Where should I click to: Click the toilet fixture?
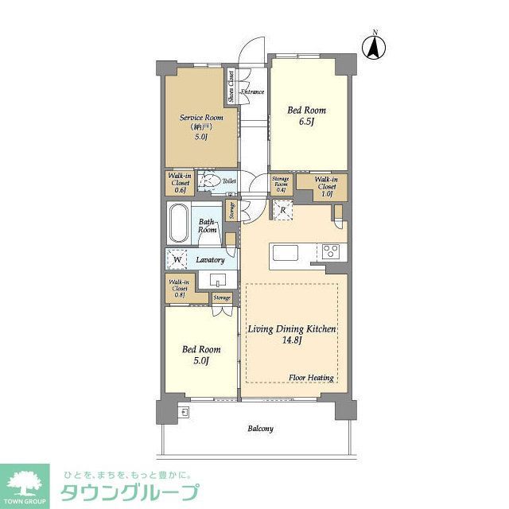tap(208, 181)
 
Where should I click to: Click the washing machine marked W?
tap(177, 259)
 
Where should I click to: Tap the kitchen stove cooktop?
tap(331, 252)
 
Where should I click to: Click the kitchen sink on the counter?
tap(285, 253)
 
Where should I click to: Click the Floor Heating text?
tap(310, 378)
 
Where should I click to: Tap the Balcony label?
tap(260, 429)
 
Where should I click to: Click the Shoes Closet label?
tap(231, 87)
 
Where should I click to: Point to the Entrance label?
tap(252, 92)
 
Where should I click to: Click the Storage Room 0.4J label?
tap(280, 185)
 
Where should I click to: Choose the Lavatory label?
tap(211, 260)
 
